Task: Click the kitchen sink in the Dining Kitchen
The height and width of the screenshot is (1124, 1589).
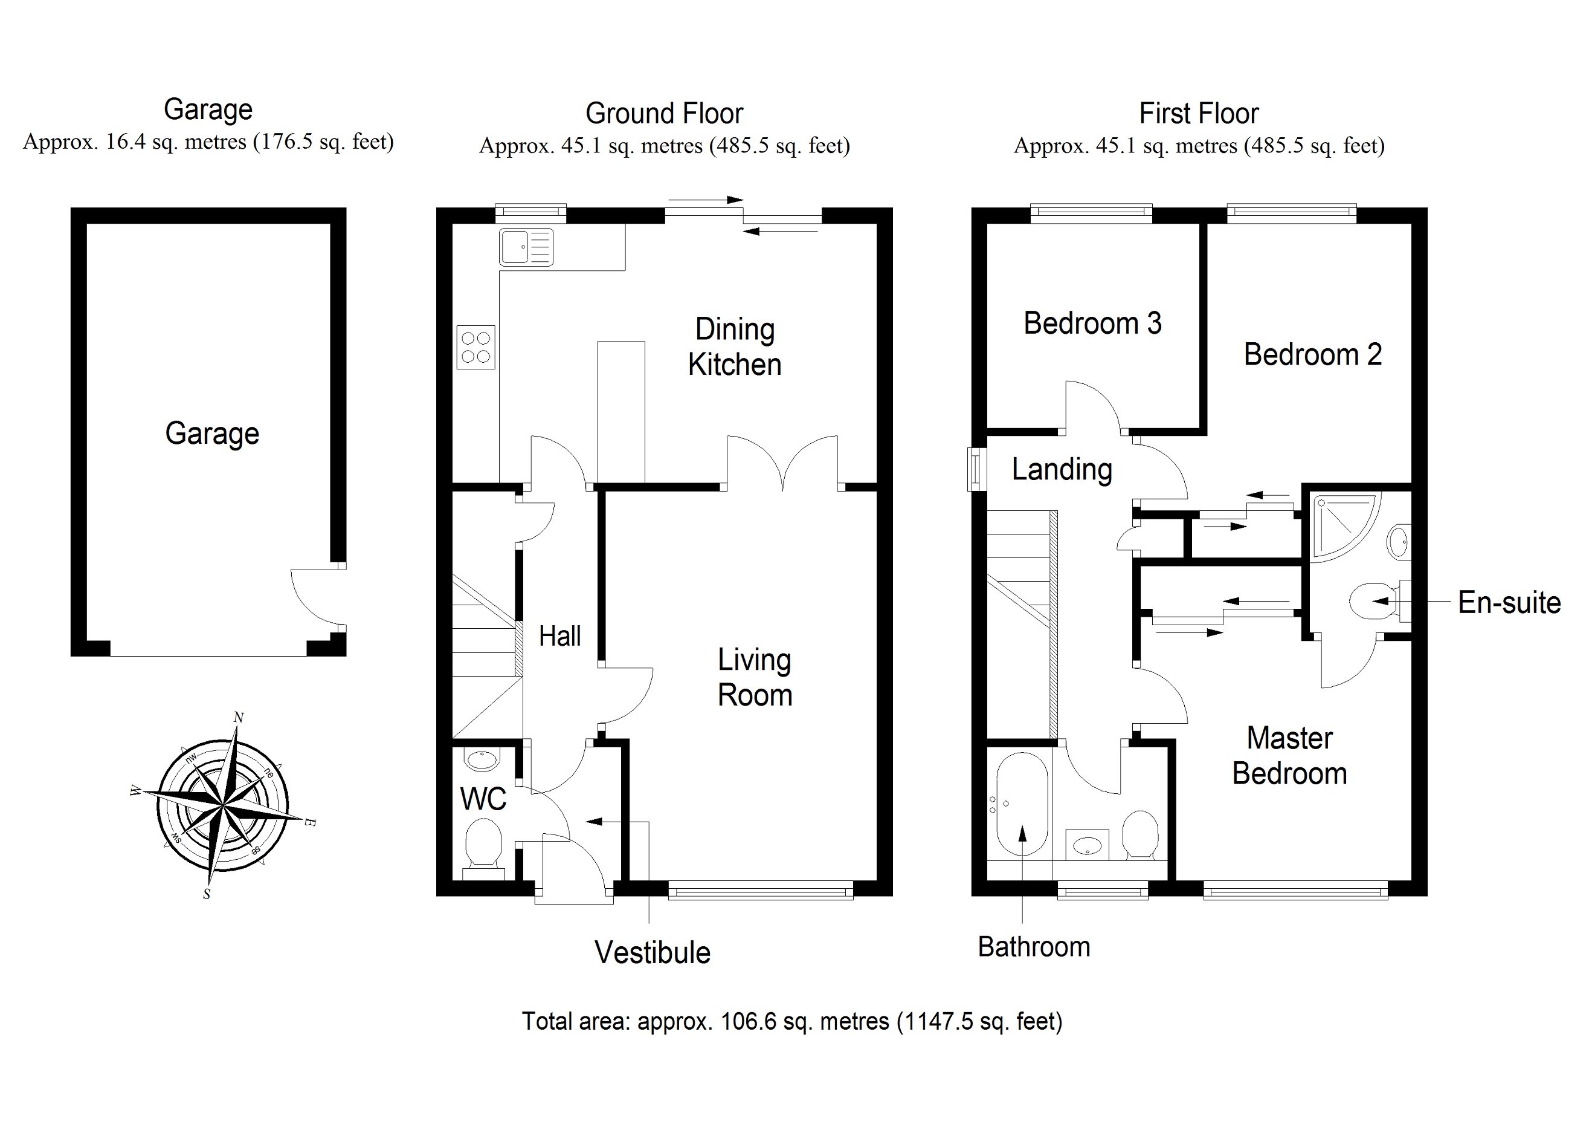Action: pyautogui.click(x=526, y=247)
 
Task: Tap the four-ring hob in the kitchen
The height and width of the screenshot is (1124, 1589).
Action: pyautogui.click(x=475, y=347)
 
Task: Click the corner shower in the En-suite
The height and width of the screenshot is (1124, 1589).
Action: pyautogui.click(x=1341, y=524)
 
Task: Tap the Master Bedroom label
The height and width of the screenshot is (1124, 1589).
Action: pyautogui.click(x=1289, y=756)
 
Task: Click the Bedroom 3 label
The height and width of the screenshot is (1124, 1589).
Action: pyautogui.click(x=1092, y=323)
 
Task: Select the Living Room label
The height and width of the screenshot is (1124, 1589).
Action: pyautogui.click(x=755, y=677)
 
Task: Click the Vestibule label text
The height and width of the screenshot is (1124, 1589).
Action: pyautogui.click(x=652, y=953)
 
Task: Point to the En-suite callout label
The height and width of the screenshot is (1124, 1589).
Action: pyautogui.click(x=1509, y=603)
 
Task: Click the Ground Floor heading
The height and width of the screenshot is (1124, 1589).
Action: pyautogui.click(x=664, y=114)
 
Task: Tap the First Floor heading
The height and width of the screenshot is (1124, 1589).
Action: pyautogui.click(x=1199, y=114)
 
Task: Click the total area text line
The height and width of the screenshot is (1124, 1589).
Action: pyautogui.click(x=791, y=1021)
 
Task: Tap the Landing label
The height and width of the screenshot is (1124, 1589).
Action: pyautogui.click(x=1062, y=470)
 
